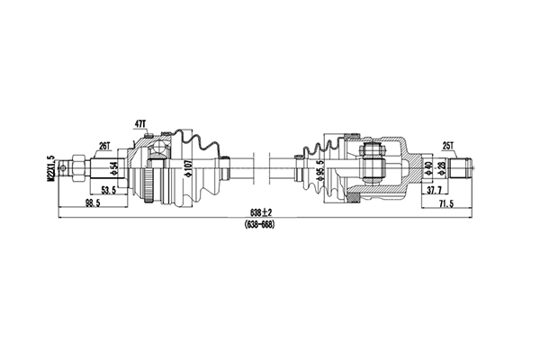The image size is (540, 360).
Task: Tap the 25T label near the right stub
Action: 448,144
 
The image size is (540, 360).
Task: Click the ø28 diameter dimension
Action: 442,167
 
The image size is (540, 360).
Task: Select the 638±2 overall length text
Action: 260,213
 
